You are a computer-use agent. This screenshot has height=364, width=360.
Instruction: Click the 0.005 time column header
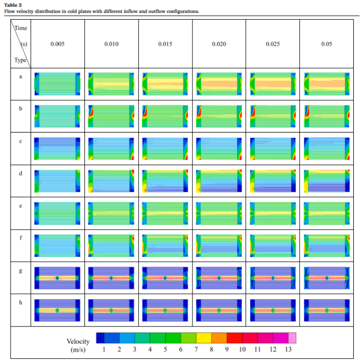[57, 44]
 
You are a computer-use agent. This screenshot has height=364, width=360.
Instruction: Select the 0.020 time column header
[219, 44]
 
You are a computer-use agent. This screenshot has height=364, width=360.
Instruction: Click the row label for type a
[20, 76]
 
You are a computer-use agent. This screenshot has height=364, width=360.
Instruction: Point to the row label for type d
[20, 173]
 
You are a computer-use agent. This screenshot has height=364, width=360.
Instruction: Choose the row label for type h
[20, 303]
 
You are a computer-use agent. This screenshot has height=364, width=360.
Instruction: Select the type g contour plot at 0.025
[273, 278]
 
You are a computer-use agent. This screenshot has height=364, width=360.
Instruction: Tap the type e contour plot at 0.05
[326, 213]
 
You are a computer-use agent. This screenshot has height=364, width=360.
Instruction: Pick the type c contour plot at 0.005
[58, 148]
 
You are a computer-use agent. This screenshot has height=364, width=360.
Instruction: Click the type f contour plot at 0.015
[165, 245]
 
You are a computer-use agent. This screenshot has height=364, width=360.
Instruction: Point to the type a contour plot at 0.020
[219, 84]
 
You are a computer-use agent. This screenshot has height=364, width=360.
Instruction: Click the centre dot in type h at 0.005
[58, 310]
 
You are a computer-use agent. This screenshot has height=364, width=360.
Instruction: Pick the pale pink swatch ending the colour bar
[292, 338]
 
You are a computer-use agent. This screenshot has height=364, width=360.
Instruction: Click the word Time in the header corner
[21, 28]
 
